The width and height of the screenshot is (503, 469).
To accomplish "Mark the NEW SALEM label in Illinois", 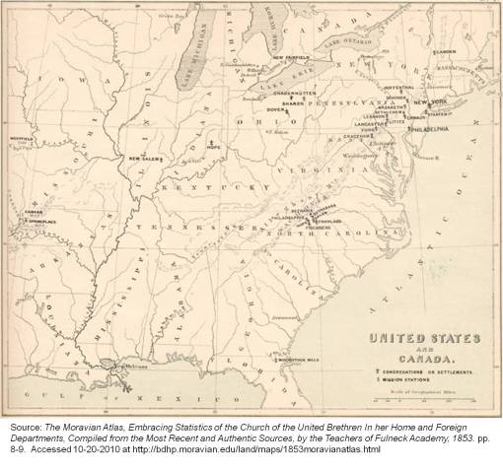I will point(146,158).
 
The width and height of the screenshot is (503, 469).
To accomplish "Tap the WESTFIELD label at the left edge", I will point(21,138).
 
